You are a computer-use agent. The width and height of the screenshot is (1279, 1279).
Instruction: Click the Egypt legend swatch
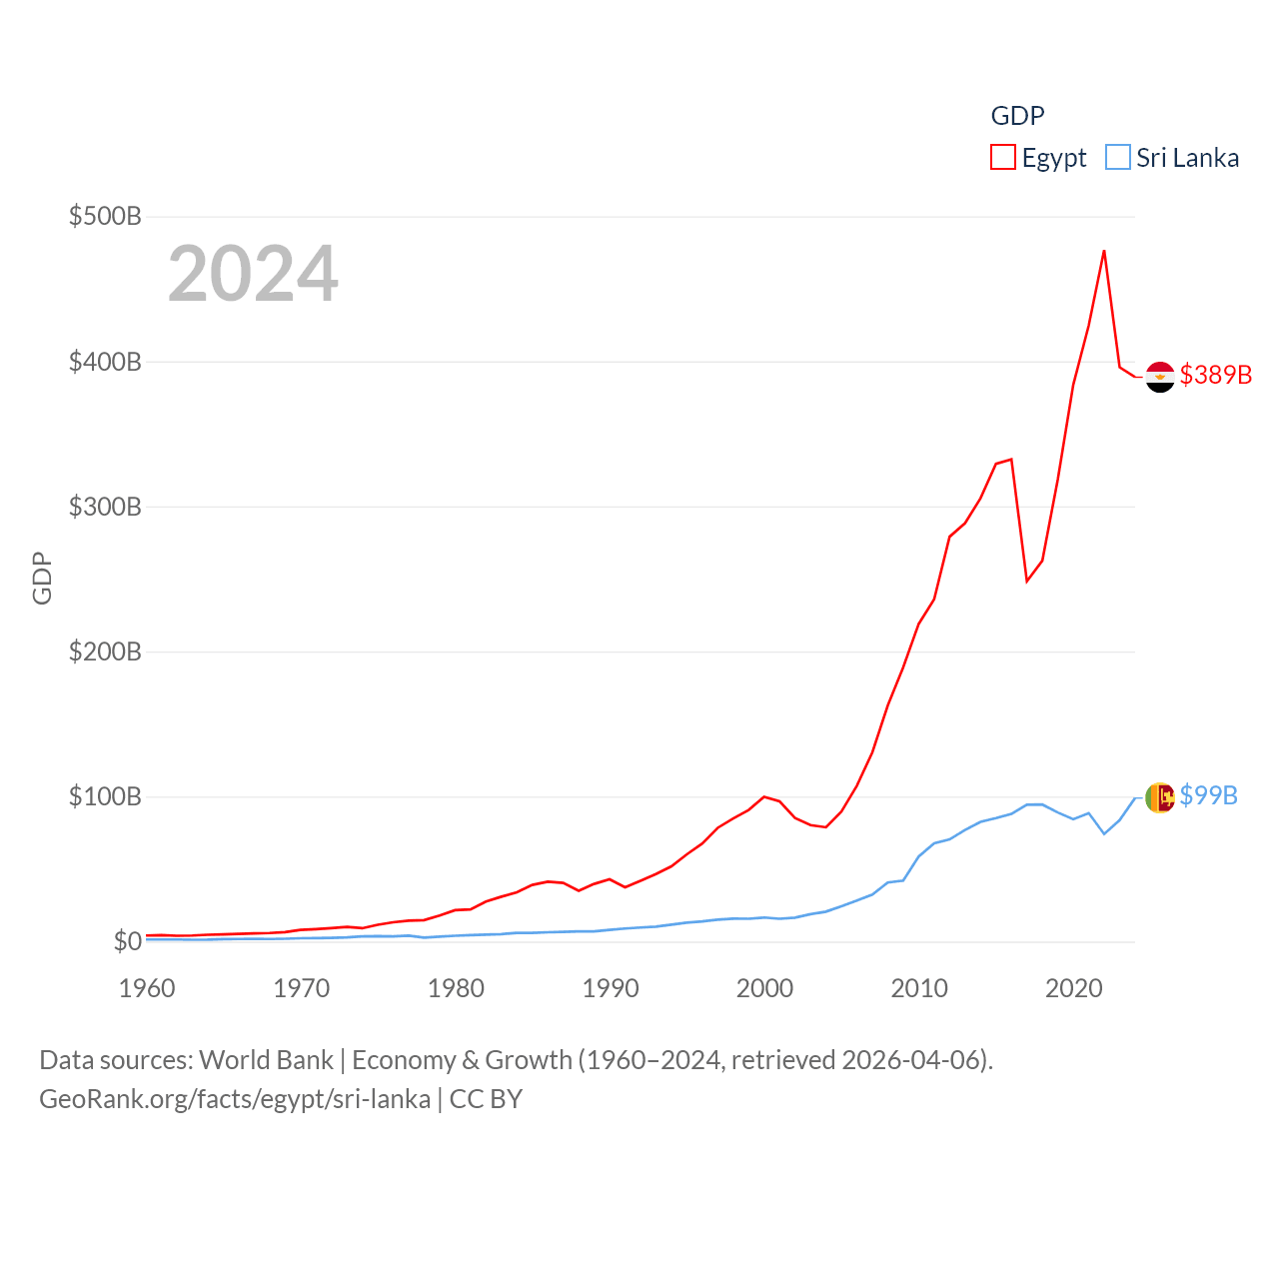click(x=1003, y=158)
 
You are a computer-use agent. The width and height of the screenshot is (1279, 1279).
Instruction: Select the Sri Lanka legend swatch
click(x=1118, y=158)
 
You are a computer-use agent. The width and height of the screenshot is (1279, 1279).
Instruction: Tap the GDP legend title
click(x=1017, y=116)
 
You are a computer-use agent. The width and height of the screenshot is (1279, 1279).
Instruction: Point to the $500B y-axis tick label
click(x=105, y=216)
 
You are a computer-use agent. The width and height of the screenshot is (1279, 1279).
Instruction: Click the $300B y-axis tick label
click(x=105, y=507)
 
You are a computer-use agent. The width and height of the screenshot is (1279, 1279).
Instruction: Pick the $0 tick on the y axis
click(x=127, y=941)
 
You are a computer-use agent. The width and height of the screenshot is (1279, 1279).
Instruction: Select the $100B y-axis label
click(x=105, y=796)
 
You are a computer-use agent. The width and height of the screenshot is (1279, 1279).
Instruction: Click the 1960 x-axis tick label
click(x=147, y=988)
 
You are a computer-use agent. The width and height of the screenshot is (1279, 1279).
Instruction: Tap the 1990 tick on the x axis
click(x=611, y=988)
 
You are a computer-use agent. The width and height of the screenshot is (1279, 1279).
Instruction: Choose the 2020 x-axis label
click(x=1074, y=988)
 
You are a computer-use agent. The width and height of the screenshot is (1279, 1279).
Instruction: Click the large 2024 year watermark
click(x=253, y=274)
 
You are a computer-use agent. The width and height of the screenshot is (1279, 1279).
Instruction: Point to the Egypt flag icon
click(x=1159, y=377)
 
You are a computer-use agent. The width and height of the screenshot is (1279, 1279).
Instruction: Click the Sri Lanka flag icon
click(x=1159, y=797)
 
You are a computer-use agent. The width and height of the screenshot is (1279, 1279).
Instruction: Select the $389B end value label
click(x=1215, y=375)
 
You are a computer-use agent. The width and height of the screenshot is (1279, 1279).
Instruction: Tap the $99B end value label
click(x=1208, y=795)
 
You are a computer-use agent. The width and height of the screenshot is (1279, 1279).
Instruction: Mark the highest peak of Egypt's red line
click(x=1104, y=251)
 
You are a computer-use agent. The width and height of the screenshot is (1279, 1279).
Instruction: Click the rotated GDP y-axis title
click(x=42, y=578)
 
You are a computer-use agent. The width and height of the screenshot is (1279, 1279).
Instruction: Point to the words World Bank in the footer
click(x=267, y=1060)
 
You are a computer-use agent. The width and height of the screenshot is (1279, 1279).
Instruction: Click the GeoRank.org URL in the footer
click(x=235, y=1099)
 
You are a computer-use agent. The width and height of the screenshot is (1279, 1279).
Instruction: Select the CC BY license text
click(x=486, y=1099)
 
